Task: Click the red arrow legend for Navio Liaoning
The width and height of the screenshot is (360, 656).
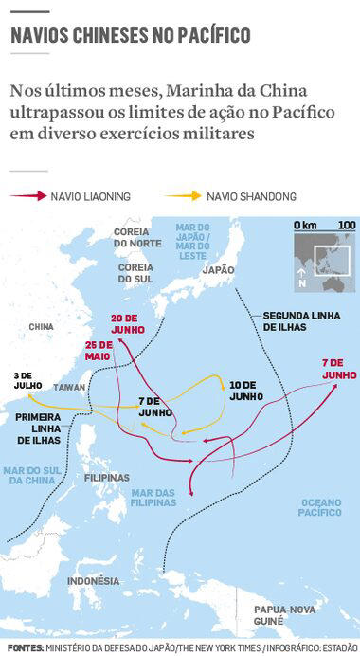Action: [28, 196]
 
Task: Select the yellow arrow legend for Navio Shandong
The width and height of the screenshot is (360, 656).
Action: [183, 196]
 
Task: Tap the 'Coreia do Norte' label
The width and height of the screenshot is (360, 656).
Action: [137, 237]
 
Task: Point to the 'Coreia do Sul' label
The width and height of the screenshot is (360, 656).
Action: [136, 273]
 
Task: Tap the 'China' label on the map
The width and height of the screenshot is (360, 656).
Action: [42, 326]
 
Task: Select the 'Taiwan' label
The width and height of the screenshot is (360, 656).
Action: [69, 388]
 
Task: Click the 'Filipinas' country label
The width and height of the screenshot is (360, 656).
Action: [106, 477]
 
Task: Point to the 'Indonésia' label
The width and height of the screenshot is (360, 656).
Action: [94, 580]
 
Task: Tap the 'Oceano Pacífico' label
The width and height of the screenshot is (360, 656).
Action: [320, 506]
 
